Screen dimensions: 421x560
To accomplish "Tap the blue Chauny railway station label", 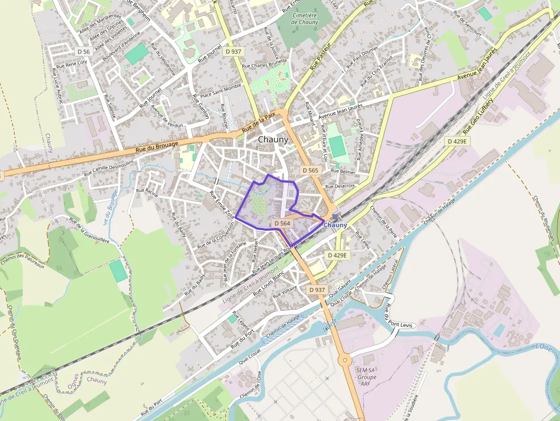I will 335,225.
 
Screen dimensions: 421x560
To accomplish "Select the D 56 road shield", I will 83,51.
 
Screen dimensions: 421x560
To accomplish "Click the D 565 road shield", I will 310,170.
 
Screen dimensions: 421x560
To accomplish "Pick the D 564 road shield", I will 282,223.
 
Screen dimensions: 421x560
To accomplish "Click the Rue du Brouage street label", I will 157,146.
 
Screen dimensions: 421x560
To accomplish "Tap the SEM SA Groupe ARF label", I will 366,377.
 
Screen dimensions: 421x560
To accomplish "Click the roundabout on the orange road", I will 345,360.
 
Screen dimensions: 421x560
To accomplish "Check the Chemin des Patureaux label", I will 23,260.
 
